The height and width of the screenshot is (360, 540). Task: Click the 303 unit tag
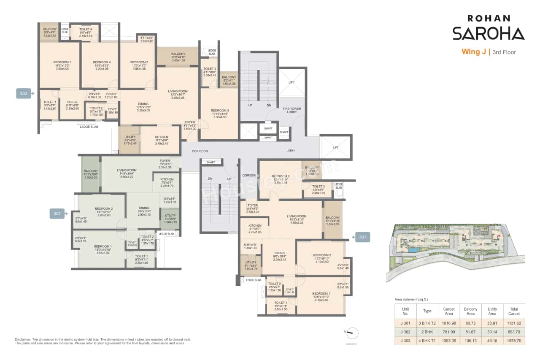point(23,93)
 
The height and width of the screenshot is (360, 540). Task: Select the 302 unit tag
point(57,214)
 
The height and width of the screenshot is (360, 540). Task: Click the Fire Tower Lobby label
point(292,111)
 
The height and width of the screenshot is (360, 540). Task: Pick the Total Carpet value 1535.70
point(514,340)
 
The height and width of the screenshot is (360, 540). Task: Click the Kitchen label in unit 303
point(161,137)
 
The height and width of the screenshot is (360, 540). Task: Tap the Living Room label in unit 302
point(127,170)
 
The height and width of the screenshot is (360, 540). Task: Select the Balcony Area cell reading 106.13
point(470,340)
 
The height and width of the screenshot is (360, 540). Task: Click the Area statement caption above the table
point(411,299)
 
